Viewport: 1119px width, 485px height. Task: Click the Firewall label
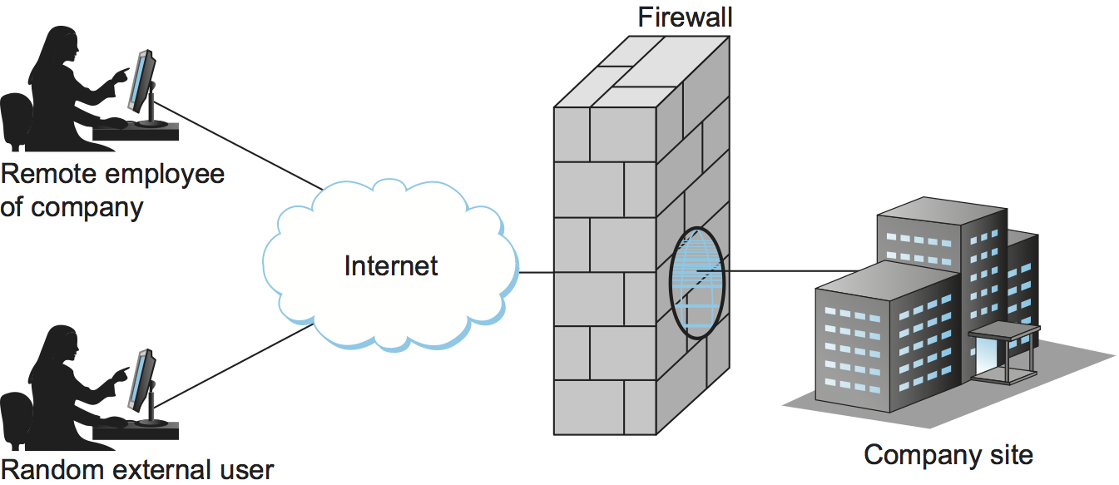tap(685, 17)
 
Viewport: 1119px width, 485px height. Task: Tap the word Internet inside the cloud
tap(390, 265)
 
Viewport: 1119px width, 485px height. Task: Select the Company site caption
tap(948, 455)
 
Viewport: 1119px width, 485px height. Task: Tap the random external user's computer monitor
tap(142, 378)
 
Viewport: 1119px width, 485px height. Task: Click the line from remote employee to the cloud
tap(241, 147)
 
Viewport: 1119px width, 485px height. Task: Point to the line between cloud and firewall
tap(537, 272)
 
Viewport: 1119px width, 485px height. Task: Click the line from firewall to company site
tap(790, 270)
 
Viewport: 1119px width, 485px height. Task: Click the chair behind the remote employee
tap(15, 121)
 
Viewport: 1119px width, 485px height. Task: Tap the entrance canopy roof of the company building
tap(1003, 331)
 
